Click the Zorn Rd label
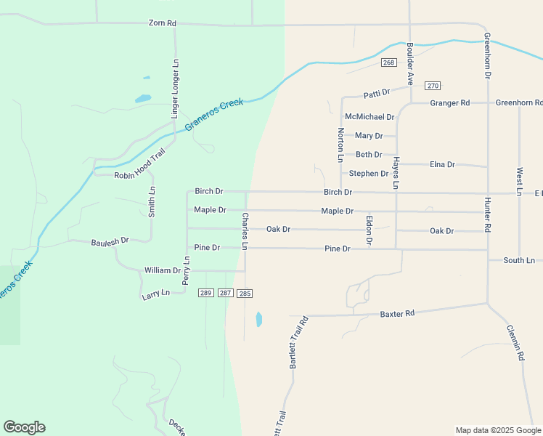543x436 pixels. point(162,23)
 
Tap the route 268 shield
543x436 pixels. point(388,62)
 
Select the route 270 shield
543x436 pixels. point(433,86)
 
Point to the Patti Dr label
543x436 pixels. point(377,93)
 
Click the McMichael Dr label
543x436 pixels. point(370,117)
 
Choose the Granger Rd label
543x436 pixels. point(449,103)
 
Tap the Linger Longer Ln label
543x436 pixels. point(175,89)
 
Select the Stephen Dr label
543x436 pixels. point(368,174)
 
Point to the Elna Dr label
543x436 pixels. point(442,165)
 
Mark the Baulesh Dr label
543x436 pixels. point(110,241)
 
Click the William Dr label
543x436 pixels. point(162,270)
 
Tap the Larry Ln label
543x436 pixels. point(155,293)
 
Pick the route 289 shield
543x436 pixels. point(205,293)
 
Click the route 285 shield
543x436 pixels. point(245,293)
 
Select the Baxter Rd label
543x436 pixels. point(397,313)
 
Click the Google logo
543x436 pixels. point(24,427)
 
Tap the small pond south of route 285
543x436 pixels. point(259,319)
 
